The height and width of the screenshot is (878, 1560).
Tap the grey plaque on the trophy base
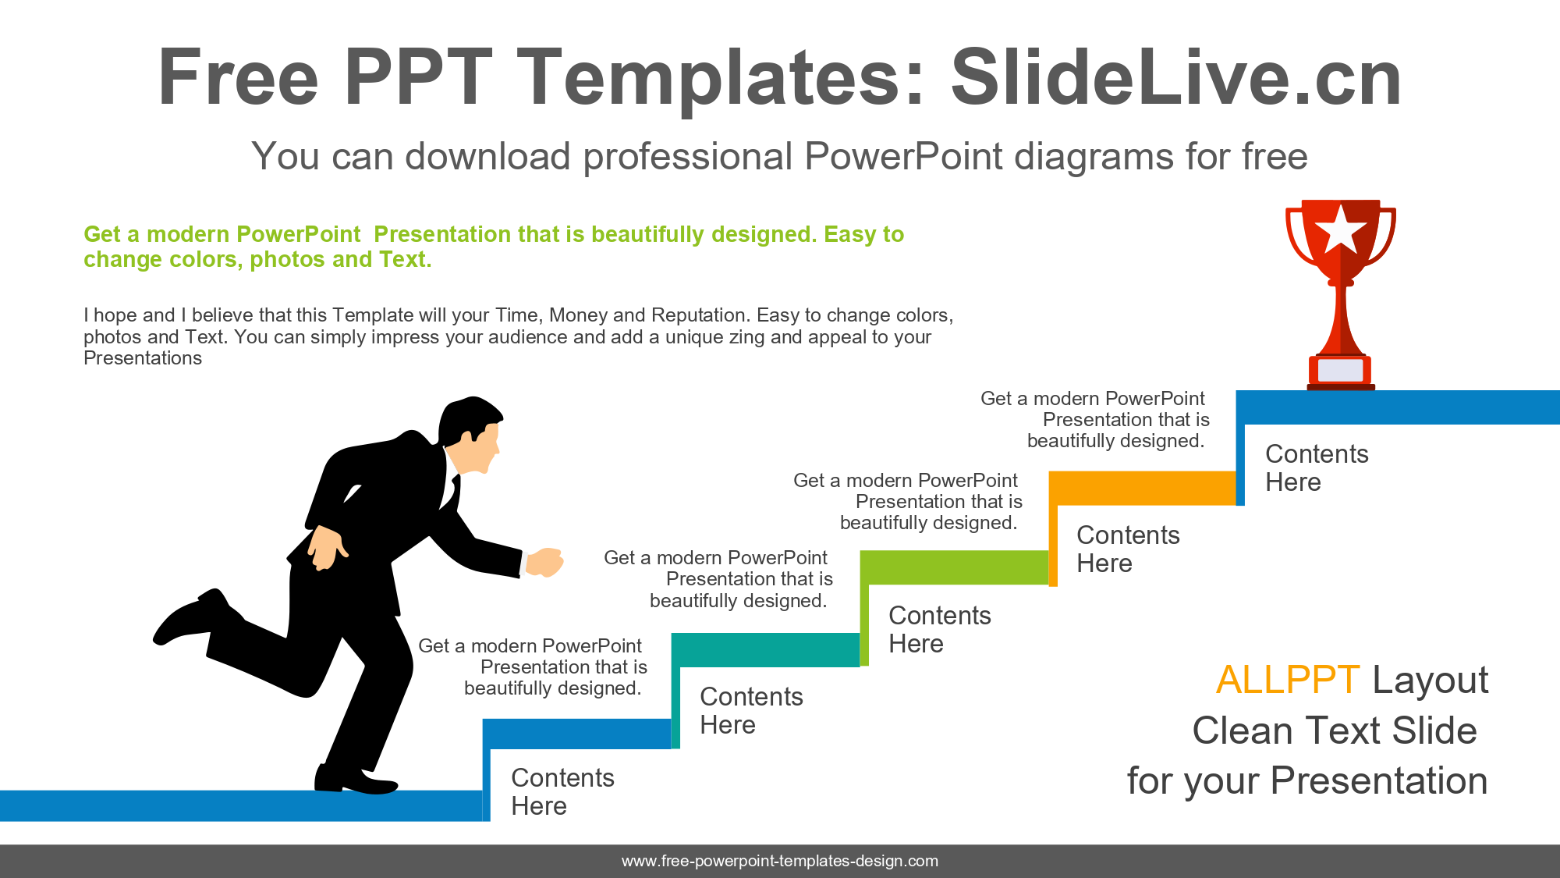(1341, 370)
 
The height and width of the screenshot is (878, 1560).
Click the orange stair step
(1143, 488)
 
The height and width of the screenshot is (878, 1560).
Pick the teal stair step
(765, 650)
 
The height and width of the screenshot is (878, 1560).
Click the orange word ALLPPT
(1288, 680)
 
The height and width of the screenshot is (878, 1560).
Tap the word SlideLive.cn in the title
(1176, 77)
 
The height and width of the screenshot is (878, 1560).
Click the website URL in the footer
(780, 861)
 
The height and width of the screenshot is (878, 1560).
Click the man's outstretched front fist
(545, 562)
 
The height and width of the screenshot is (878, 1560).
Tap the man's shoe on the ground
(356, 779)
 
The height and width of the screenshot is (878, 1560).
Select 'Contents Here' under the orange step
(1128, 549)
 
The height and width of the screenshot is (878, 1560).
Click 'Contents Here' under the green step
(940, 629)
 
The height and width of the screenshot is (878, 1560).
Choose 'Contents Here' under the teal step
(751, 710)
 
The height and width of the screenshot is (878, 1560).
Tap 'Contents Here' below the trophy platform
(1317, 467)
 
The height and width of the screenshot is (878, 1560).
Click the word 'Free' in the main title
(238, 77)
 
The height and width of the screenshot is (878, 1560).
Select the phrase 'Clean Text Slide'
(1335, 731)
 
